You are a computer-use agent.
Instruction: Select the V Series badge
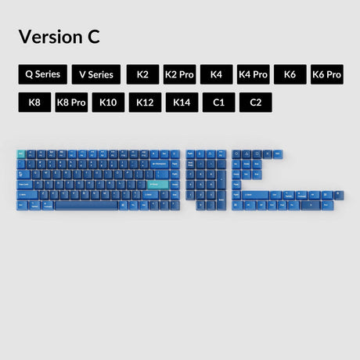click(x=97, y=74)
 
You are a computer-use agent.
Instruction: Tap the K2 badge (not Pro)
click(x=142, y=74)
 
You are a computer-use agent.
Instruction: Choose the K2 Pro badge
click(x=179, y=74)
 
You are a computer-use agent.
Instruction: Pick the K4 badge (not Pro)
click(x=216, y=74)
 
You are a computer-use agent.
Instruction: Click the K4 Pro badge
click(x=253, y=74)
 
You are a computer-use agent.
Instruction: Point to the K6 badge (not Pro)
click(x=290, y=74)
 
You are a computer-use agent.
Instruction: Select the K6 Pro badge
click(x=326, y=74)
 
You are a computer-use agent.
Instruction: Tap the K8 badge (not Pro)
click(x=34, y=103)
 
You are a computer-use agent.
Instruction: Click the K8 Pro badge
click(x=71, y=103)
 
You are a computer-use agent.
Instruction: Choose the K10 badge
click(x=108, y=103)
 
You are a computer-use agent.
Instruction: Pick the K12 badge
click(x=145, y=103)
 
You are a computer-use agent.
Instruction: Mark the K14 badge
click(x=182, y=103)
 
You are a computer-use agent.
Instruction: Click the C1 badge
click(x=218, y=103)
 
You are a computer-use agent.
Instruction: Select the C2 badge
click(x=255, y=103)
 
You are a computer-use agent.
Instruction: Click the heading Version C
click(x=59, y=36)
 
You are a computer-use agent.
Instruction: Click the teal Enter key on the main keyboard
click(x=157, y=185)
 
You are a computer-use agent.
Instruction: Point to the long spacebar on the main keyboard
click(x=86, y=205)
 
